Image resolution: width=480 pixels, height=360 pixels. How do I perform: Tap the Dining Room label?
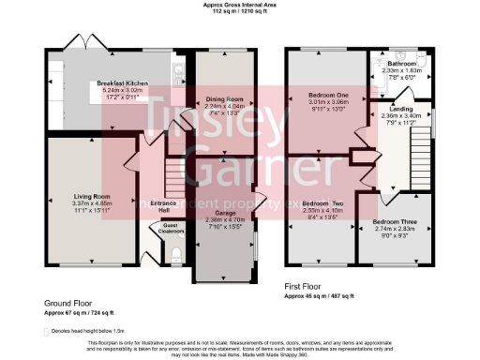pos(224,98)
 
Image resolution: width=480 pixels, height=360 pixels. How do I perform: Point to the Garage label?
pos(224,213)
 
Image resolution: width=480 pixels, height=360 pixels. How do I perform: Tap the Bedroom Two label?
pos(322,203)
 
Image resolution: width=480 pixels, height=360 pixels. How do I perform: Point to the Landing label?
pos(394,109)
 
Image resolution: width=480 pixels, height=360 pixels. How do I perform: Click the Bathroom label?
pos(404,63)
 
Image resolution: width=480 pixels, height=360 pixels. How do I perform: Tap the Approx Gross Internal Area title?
pos(239,4)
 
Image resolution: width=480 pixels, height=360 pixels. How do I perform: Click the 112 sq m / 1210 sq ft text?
pos(239,10)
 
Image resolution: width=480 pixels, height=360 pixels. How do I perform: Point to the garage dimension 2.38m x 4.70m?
pos(224,220)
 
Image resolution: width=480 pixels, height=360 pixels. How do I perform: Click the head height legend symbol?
pos(46,331)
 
